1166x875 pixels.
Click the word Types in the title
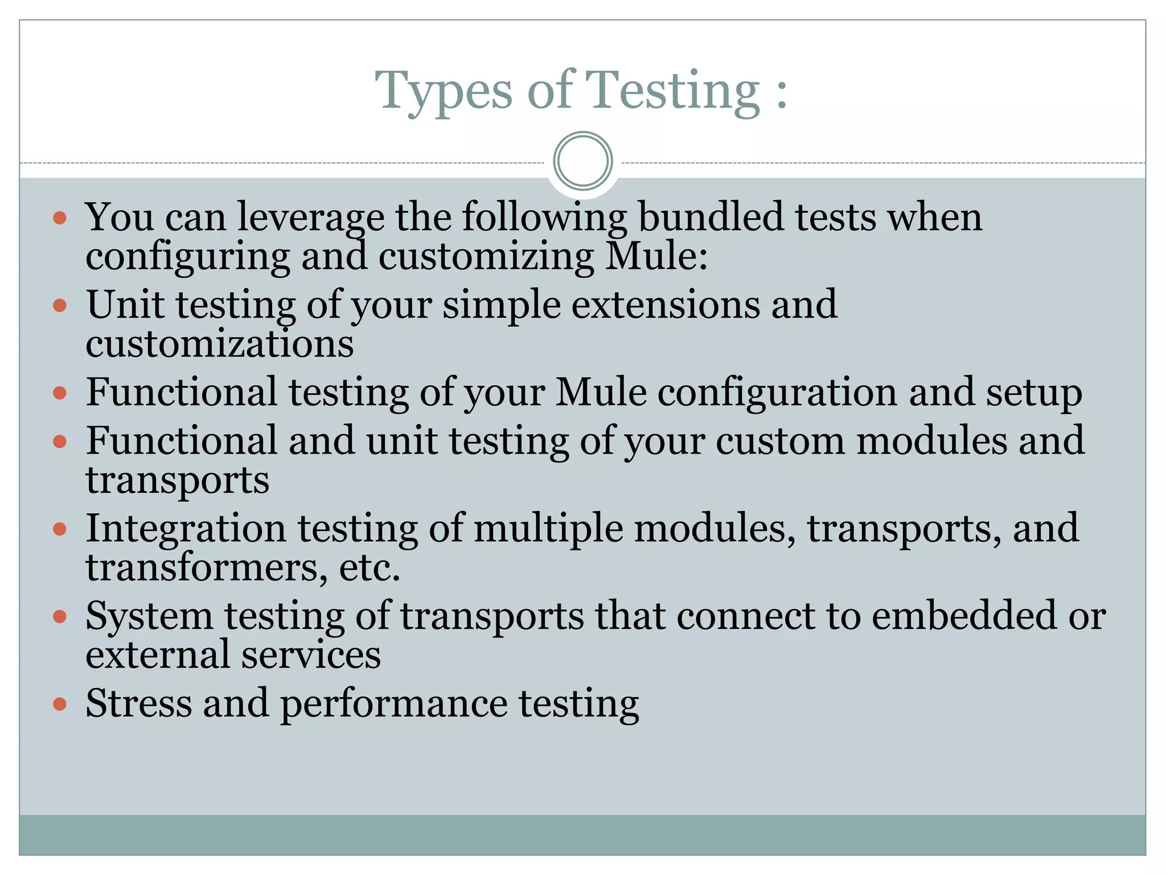443,91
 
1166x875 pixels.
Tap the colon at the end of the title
781,93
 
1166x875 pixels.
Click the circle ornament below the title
582,161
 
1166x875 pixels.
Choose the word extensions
665,305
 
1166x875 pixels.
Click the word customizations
220,344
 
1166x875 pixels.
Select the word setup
1034,393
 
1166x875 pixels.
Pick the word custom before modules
780,441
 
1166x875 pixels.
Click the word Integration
186,529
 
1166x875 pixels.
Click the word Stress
138,704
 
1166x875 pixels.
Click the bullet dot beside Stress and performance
60,705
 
